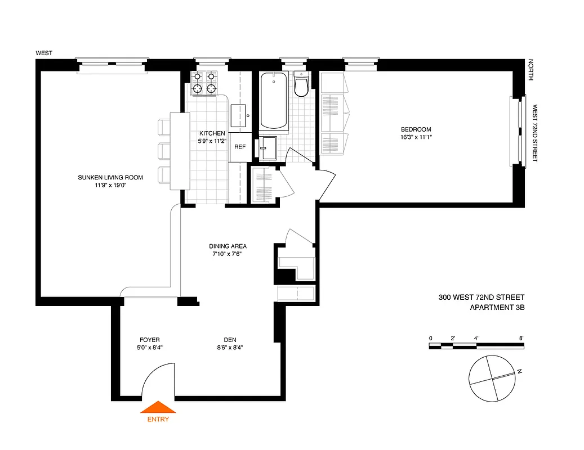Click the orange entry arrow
158,407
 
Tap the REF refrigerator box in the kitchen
240,147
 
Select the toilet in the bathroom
302,85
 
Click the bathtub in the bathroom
274,101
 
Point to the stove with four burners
204,83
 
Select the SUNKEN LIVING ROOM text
110,177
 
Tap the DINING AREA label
228,246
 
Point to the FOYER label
150,340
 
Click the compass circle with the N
492,378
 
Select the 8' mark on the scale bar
521,338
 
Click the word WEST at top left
44,53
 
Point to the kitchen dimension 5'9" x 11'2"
212,141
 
